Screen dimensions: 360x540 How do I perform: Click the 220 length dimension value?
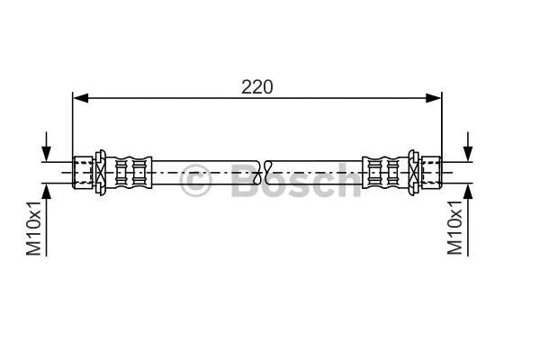coord(256,86)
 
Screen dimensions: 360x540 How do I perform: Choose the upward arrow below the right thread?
coord(467,196)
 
